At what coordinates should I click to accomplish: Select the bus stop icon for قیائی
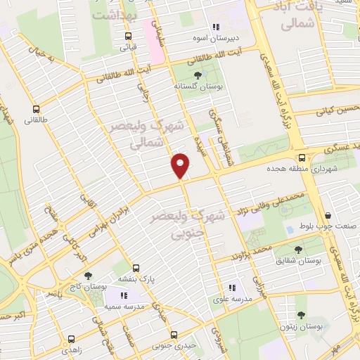tap(127, 37)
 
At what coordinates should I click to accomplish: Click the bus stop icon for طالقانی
tap(36, 109)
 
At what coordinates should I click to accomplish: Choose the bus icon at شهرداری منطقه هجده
tap(301, 157)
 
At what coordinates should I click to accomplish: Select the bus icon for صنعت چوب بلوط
tap(328, 215)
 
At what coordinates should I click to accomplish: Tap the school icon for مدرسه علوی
tap(231, 287)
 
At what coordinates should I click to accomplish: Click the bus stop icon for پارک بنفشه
tap(136, 268)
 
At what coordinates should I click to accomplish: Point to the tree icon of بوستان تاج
tap(88, 276)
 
